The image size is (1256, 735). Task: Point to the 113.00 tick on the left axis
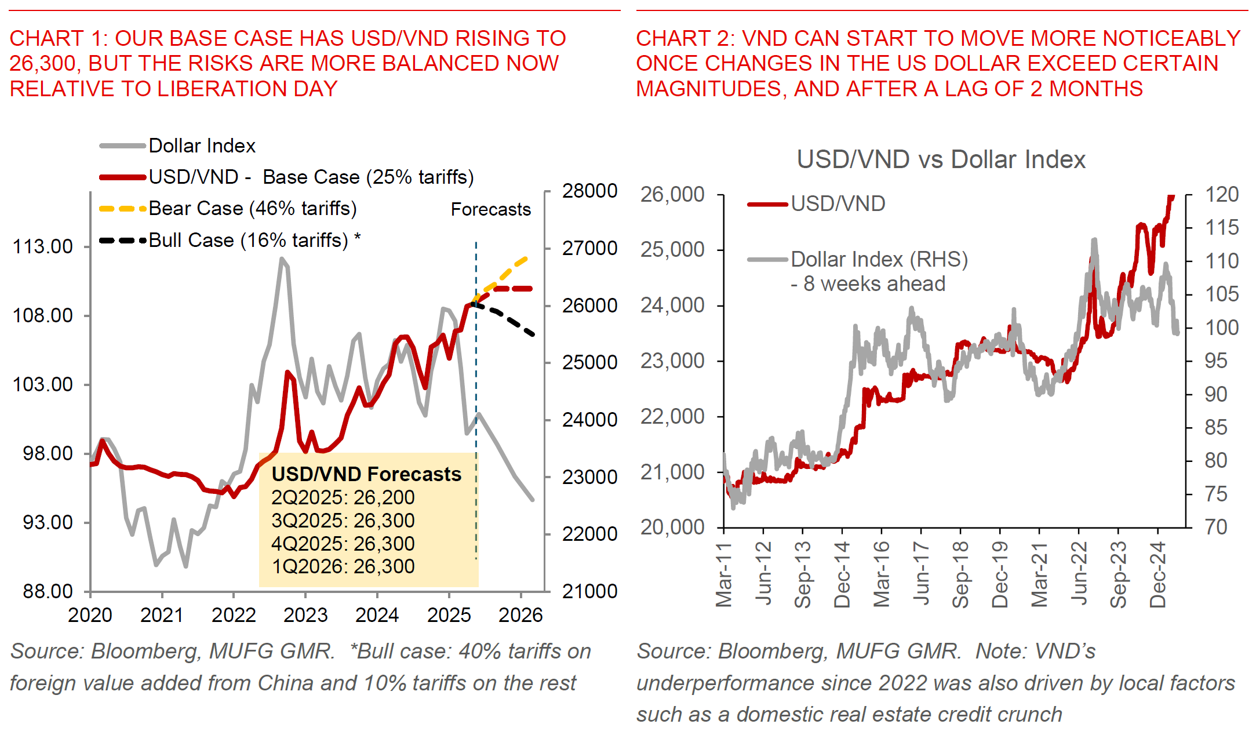(43, 246)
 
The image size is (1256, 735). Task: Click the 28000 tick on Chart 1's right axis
(589, 191)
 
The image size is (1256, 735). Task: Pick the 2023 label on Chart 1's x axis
(305, 615)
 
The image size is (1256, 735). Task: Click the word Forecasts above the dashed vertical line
(490, 209)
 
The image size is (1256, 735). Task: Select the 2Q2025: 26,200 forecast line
(343, 497)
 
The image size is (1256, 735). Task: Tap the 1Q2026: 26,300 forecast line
(343, 566)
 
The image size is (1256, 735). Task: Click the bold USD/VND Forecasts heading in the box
(366, 474)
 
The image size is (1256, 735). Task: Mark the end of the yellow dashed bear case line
(526, 258)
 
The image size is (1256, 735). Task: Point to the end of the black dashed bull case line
(533, 334)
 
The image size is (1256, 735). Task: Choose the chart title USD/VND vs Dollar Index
(941, 159)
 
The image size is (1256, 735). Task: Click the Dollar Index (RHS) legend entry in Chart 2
(879, 259)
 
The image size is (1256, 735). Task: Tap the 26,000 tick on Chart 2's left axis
(672, 195)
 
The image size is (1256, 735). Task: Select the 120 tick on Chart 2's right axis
(1222, 195)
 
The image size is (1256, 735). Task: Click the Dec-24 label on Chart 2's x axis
(1157, 574)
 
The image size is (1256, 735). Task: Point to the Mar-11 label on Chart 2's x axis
(724, 574)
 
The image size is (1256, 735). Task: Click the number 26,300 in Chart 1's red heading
(44, 63)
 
